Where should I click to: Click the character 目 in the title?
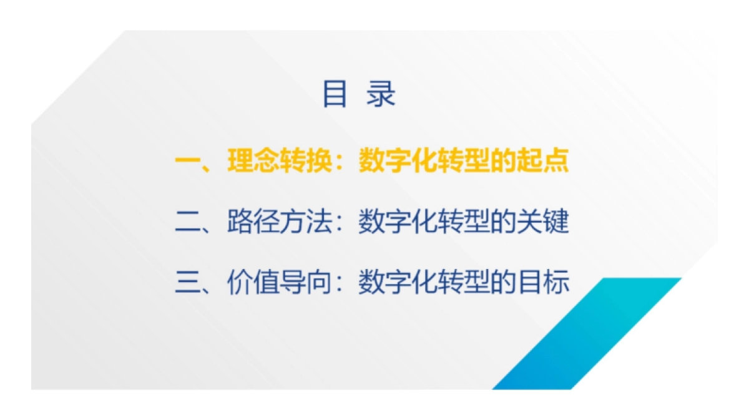click(x=335, y=94)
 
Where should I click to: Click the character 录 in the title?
click(x=381, y=94)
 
